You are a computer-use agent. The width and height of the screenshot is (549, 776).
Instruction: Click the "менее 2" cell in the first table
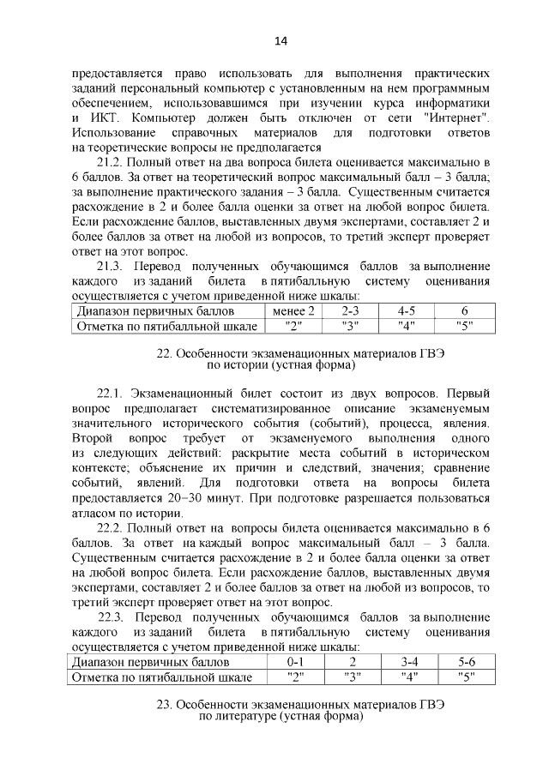click(x=293, y=311)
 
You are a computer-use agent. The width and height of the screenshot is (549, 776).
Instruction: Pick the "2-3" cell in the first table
click(x=349, y=311)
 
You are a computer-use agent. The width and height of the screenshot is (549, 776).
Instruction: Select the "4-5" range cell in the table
click(x=406, y=311)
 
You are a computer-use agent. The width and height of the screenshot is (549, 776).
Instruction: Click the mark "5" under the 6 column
click(x=464, y=327)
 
